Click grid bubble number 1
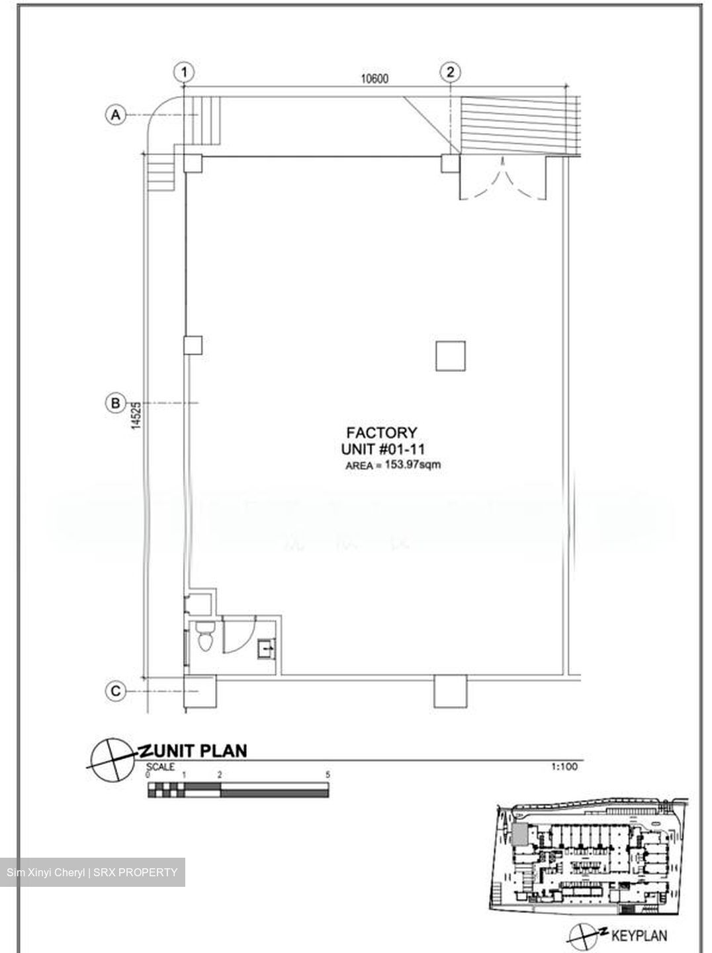(x=185, y=72)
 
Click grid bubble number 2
(x=450, y=72)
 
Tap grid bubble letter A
(x=116, y=115)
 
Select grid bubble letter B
(x=116, y=403)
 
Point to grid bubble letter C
(x=116, y=691)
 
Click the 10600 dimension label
(x=375, y=79)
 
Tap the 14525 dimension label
(x=137, y=416)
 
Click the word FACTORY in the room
(x=382, y=433)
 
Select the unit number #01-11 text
(x=402, y=449)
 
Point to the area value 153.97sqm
(x=413, y=465)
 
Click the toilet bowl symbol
(x=205, y=637)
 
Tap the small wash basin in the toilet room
(x=267, y=649)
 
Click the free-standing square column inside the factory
(x=451, y=356)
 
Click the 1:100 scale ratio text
(x=564, y=767)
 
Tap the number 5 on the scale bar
(x=328, y=775)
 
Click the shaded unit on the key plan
(x=519, y=835)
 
